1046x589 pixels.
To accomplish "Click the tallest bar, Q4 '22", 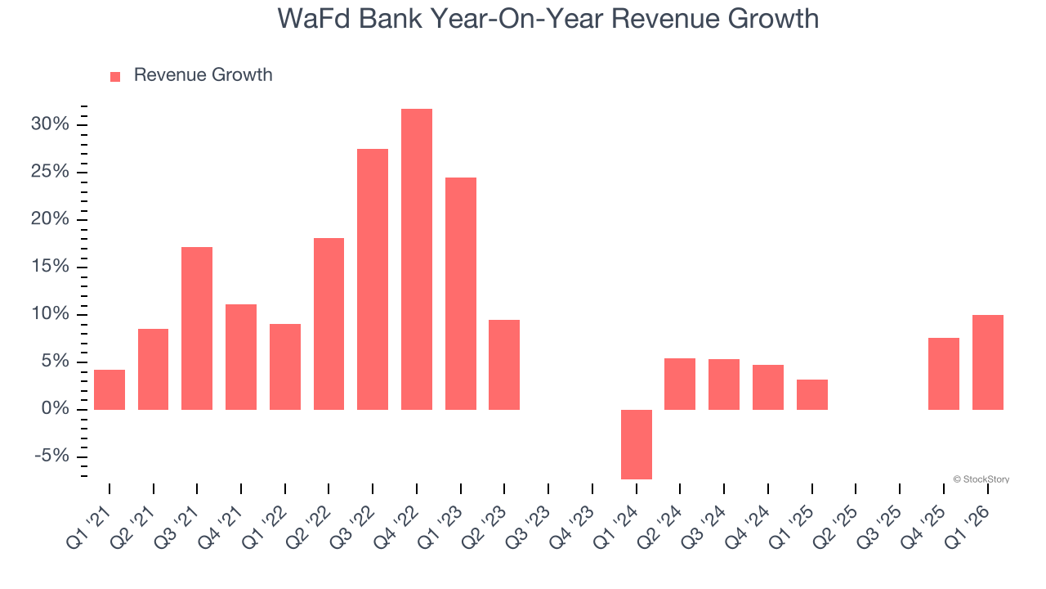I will coord(417,259).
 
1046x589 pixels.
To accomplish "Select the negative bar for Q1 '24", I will coord(636,444).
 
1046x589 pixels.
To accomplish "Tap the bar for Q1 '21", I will coord(110,389).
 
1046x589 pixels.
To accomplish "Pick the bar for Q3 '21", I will coord(197,328).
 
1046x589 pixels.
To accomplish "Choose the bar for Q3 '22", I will coord(373,279).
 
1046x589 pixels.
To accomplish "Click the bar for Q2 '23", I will coord(504,364).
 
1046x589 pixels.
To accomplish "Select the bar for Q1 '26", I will coord(987,362).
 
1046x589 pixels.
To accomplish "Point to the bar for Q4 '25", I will coord(943,373).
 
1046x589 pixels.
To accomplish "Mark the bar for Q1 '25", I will coord(811,394).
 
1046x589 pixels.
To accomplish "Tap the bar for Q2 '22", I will coord(329,323).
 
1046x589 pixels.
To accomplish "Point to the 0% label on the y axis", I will coord(56,409).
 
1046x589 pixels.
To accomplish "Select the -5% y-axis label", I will coord(52,456).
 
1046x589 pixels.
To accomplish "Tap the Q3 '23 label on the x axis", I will coord(528,524).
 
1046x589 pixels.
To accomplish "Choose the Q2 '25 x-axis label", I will coord(835,524).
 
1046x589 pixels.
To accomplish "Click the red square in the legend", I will coord(115,76).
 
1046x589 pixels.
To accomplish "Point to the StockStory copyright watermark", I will coord(981,479).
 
